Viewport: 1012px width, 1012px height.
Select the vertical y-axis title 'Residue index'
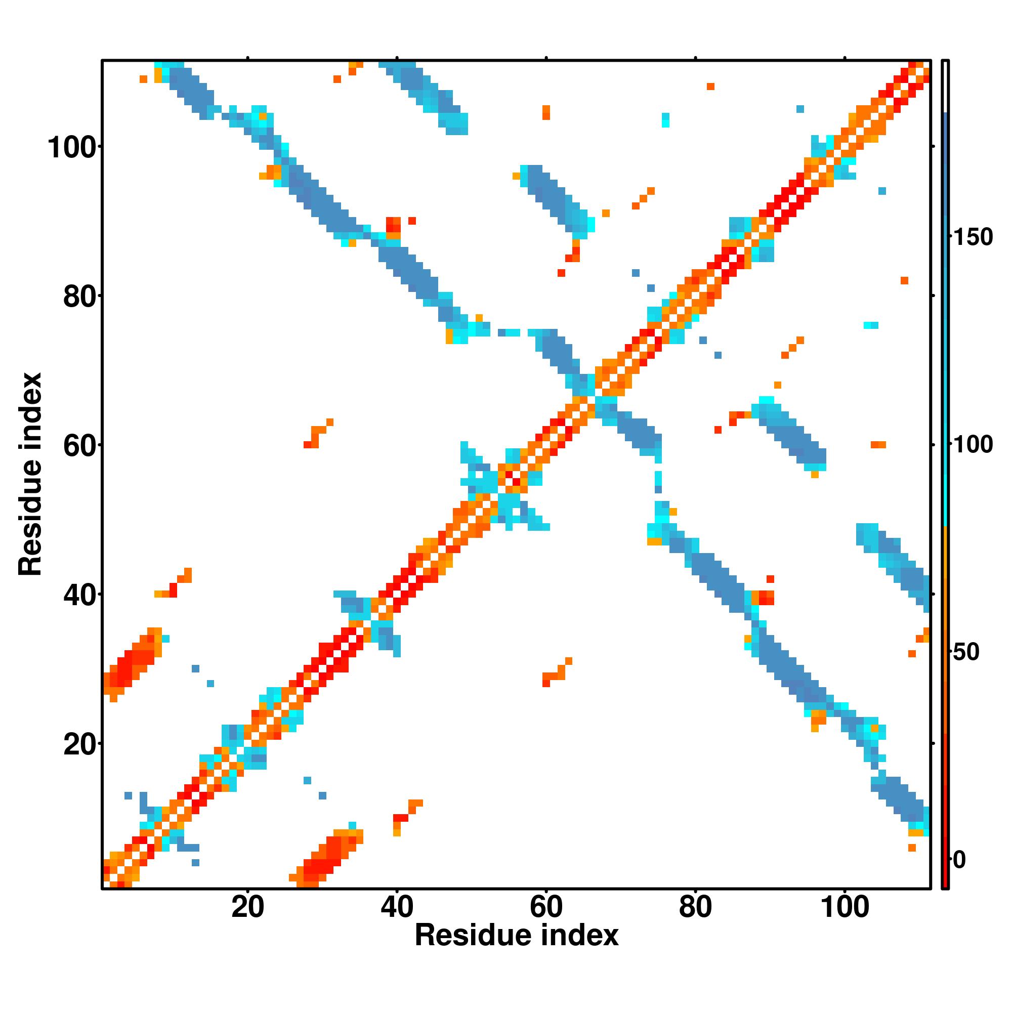[x=30, y=474]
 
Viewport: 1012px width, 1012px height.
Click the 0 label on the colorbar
[x=959, y=860]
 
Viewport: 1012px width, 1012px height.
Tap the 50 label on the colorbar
[x=966, y=652]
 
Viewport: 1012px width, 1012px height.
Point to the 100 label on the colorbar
[x=973, y=445]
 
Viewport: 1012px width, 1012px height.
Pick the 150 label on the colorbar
[x=973, y=237]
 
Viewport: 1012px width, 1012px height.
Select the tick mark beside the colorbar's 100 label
[x=951, y=444]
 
